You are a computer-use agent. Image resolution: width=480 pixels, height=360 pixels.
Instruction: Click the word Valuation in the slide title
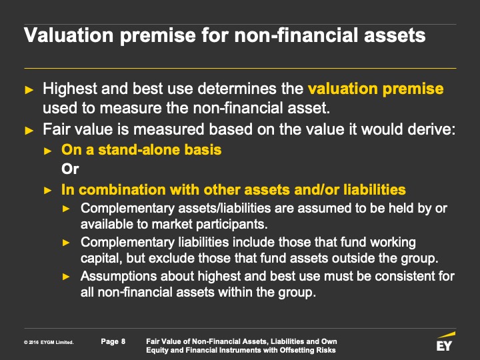[x=69, y=35]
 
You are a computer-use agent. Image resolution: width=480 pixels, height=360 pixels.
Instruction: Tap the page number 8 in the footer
[x=123, y=341]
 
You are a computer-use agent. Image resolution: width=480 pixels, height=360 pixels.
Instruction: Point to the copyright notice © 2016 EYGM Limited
[x=49, y=342]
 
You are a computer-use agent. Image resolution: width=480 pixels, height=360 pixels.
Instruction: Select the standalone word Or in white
[x=70, y=169]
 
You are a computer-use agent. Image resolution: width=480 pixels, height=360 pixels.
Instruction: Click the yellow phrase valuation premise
[x=375, y=89]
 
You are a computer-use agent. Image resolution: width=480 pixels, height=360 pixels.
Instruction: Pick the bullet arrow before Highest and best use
[x=29, y=90]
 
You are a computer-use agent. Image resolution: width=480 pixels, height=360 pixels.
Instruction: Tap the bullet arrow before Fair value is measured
[x=29, y=131]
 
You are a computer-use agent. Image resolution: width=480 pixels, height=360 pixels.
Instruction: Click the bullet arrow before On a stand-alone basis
[x=47, y=151]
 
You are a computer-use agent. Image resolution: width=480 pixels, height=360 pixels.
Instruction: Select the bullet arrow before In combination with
[x=47, y=191]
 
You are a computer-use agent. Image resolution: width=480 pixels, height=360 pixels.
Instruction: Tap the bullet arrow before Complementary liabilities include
[x=66, y=243]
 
